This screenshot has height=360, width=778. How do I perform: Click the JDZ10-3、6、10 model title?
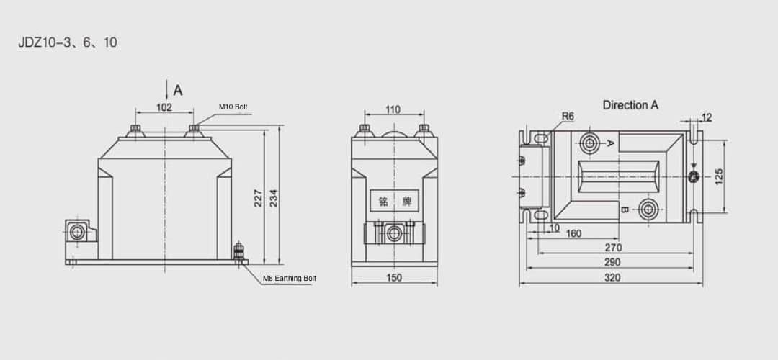tap(68, 42)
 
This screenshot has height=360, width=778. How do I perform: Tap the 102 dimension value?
tap(164, 107)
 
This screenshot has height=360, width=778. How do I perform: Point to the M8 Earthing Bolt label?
tap(289, 278)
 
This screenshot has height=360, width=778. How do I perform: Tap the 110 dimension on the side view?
tap(393, 109)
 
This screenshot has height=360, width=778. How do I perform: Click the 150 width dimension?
tap(393, 277)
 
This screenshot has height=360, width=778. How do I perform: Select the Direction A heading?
tap(630, 105)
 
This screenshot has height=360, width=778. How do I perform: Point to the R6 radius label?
tap(568, 117)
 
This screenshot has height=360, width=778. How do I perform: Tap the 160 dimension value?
tap(573, 233)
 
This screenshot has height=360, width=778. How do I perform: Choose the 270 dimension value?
tap(614, 248)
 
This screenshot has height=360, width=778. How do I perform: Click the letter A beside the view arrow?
tap(178, 91)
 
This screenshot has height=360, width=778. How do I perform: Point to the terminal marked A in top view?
tap(591, 143)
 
